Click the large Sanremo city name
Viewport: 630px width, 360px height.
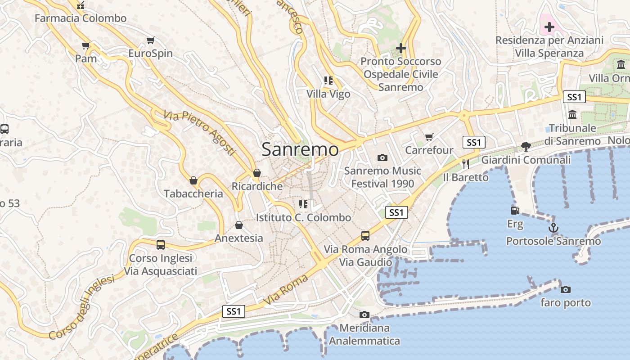pyautogui.click(x=300, y=149)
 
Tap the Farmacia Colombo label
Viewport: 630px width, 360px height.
pyautogui.click(x=81, y=18)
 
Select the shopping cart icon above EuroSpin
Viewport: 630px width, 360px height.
pyautogui.click(x=151, y=40)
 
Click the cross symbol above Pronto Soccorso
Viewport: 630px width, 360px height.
pyautogui.click(x=400, y=48)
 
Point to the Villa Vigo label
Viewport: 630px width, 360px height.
pyautogui.click(x=328, y=94)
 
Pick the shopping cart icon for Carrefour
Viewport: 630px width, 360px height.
pyautogui.click(x=429, y=137)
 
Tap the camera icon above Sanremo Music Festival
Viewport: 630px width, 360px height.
pyautogui.click(x=382, y=157)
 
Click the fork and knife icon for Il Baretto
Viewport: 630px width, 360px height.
pyautogui.click(x=466, y=164)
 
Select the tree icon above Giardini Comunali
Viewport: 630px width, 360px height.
pyautogui.click(x=526, y=146)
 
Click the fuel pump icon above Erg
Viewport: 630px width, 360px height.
pyautogui.click(x=515, y=210)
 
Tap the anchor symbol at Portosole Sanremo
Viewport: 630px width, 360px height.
pyautogui.click(x=553, y=228)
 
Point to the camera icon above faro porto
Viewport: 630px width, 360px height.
pyautogui.click(x=566, y=289)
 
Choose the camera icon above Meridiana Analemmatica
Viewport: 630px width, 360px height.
pyautogui.click(x=364, y=315)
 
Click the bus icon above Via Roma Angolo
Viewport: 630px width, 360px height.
pyautogui.click(x=365, y=235)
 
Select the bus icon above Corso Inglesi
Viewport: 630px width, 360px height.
pyautogui.click(x=161, y=244)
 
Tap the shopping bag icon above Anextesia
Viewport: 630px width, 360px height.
pyautogui.click(x=239, y=225)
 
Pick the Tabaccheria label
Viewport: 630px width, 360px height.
pyautogui.click(x=193, y=193)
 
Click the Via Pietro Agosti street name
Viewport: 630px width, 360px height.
pyautogui.click(x=199, y=133)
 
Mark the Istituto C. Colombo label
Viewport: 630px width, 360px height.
pyautogui.click(x=303, y=217)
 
